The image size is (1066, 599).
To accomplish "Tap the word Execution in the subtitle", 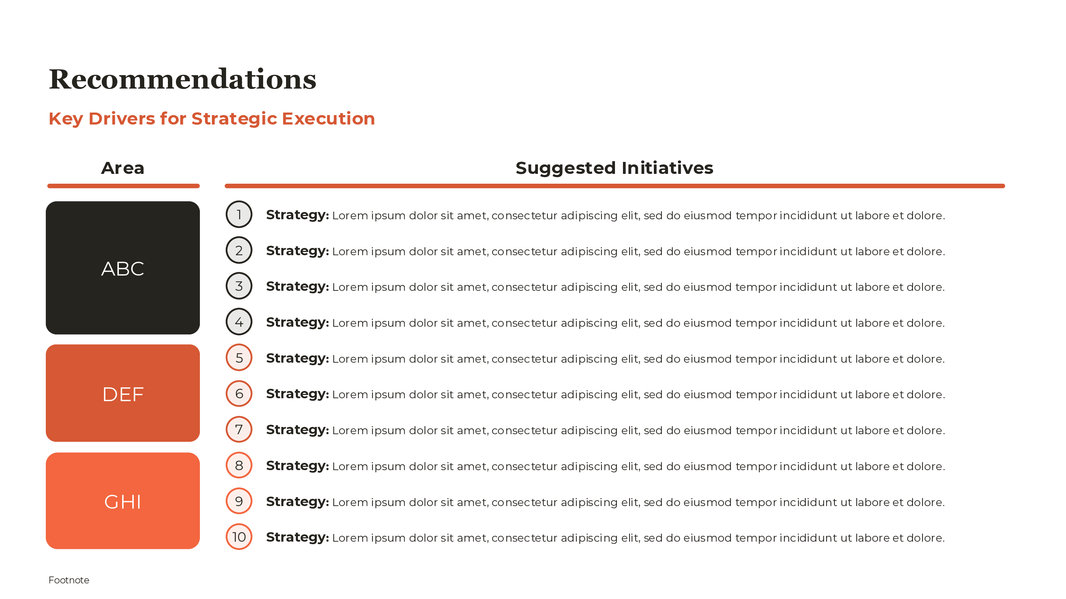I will tap(328, 119).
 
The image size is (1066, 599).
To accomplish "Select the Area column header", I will tap(123, 168).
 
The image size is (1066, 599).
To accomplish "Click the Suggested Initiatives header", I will tap(614, 168).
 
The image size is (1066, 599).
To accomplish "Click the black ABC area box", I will tap(123, 268).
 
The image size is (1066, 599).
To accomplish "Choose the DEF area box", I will tap(123, 394).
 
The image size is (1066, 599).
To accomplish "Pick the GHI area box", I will tap(123, 501).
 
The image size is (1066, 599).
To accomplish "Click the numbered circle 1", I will tap(239, 215).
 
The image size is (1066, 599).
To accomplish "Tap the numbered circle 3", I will tap(239, 286).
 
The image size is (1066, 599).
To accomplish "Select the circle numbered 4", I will tap(239, 322).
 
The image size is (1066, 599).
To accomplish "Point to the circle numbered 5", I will tap(239, 358).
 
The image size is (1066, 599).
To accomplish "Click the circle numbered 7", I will tap(239, 429).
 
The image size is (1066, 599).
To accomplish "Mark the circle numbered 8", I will tap(239, 465).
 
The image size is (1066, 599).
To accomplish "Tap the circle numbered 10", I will tap(239, 537).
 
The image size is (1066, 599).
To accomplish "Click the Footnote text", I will tap(69, 580).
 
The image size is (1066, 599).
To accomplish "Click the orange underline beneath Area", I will tap(123, 186).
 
